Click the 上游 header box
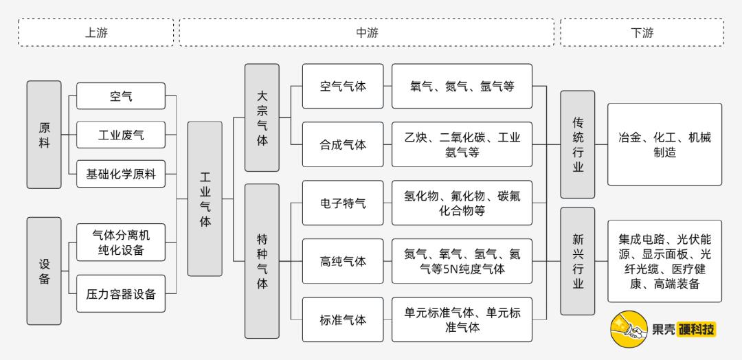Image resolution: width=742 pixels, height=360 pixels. [95, 32]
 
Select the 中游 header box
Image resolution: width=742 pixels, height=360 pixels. [366, 32]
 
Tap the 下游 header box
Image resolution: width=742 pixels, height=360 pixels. [642, 32]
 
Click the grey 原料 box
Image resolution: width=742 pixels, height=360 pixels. [44, 135]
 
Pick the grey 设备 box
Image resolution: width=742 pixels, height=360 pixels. [44, 271]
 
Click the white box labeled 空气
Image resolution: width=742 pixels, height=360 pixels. [121, 96]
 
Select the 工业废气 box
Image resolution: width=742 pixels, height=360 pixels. [121, 135]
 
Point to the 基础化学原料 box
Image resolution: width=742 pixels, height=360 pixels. [121, 175]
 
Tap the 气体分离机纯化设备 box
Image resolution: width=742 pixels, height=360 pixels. [121, 242]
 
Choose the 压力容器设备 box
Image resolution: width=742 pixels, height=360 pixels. [121, 295]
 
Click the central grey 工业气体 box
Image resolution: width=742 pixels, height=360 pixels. [205, 199]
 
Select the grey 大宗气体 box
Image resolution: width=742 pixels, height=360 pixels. [262, 117]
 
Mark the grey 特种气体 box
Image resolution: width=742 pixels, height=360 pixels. [262, 261]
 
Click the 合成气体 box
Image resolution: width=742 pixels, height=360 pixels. [343, 145]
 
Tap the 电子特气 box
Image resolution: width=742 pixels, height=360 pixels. [343, 203]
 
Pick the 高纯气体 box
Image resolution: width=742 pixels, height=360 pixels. [343, 262]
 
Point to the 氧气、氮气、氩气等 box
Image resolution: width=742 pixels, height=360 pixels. [462, 87]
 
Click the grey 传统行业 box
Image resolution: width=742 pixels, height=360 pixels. [578, 145]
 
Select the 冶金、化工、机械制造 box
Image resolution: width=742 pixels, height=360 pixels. [664, 144]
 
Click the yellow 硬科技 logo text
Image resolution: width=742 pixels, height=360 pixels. [695, 330]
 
